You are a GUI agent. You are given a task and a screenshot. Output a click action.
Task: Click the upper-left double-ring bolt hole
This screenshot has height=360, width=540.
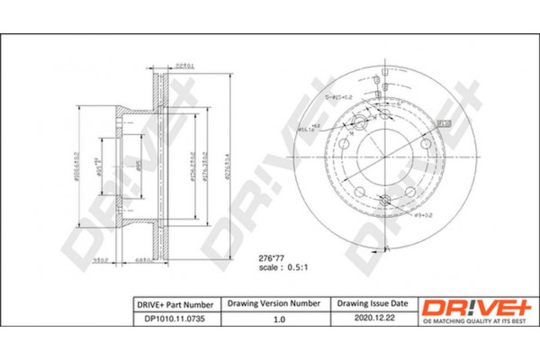click(358, 122)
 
